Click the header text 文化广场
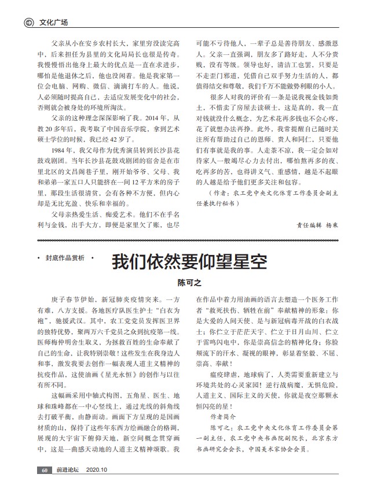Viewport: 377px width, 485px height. (53, 23)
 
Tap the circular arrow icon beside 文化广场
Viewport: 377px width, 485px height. (27, 23)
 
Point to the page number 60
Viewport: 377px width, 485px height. (43, 470)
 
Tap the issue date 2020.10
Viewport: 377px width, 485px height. (97, 470)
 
